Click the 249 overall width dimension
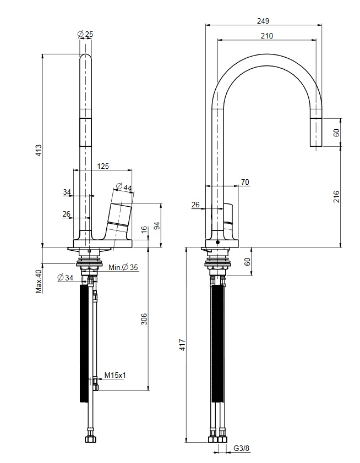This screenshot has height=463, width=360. point(263,21)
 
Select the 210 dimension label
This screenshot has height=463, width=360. point(266,36)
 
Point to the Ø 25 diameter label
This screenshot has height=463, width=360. point(85,34)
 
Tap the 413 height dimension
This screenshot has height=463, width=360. point(39,150)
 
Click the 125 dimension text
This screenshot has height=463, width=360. point(103,166)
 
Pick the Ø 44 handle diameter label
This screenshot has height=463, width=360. point(123,187)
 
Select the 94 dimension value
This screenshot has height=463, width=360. point(157,226)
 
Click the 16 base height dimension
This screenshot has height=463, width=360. point(144,230)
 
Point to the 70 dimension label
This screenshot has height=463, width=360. point(245,182)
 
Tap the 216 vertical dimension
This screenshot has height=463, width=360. point(336,197)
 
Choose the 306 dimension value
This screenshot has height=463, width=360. point(144,319)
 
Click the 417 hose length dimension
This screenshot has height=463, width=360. point(182,345)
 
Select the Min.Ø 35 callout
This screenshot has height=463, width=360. point(123,268)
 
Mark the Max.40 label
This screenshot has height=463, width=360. point(39,281)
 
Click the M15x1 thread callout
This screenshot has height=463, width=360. point(115,375)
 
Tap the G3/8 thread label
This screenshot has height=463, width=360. point(242,448)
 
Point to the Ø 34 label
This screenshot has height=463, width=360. point(66,278)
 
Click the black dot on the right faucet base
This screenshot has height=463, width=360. point(218,242)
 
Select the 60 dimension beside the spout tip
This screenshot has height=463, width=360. point(336,133)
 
